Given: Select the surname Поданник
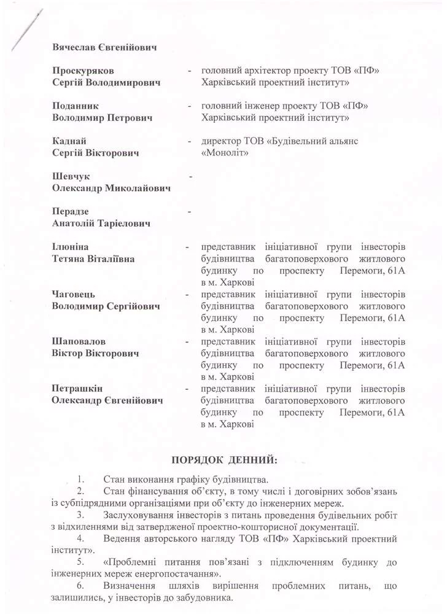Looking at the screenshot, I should [76, 106].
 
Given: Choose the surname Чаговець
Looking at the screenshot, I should [74, 295].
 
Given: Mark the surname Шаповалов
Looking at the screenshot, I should [79, 342].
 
